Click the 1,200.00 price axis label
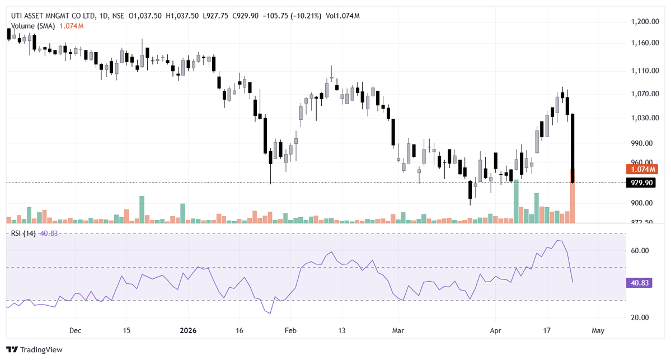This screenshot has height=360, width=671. [643, 22]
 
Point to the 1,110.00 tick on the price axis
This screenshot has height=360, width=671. [643, 71]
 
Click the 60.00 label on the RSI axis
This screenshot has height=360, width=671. [639, 251]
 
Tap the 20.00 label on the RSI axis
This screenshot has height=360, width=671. [639, 317]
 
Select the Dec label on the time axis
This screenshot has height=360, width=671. [76, 331]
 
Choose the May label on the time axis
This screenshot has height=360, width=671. [598, 331]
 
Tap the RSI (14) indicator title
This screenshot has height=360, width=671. [24, 233]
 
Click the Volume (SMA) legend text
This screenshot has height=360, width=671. [34, 26]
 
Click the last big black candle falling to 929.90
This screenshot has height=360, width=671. [573, 148]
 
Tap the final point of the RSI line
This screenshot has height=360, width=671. [573, 282]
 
